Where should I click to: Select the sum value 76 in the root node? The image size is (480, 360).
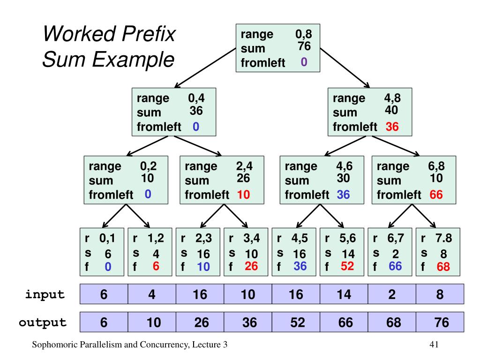[304, 46]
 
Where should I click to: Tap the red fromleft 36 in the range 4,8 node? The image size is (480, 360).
[392, 127]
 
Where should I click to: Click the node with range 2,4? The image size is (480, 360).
[218, 180]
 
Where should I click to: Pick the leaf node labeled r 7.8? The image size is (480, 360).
[439, 253]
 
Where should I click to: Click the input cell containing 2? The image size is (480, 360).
[392, 295]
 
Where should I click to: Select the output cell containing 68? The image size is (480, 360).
[392, 322]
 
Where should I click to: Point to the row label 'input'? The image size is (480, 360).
[45, 295]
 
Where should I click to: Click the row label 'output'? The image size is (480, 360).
[43, 322]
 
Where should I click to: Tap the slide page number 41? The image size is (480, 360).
[434, 345]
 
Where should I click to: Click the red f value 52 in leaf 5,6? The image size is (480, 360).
[347, 266]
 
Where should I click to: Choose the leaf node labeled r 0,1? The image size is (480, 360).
[103, 253]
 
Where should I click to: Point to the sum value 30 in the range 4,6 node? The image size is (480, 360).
[343, 178]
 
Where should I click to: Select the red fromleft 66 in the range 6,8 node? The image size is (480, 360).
[436, 195]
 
